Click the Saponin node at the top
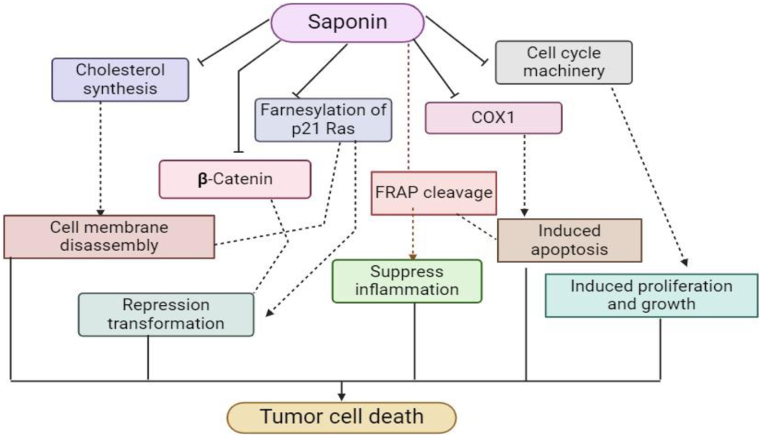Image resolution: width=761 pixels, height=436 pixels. click(x=348, y=23)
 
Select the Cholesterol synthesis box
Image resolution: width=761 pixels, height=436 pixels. click(x=120, y=79)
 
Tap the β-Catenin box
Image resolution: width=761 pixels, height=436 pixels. click(x=235, y=179)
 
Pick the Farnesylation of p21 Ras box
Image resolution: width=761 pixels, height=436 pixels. click(x=323, y=119)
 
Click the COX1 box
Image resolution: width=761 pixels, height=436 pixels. click(x=493, y=118)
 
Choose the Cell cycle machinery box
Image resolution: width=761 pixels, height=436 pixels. click(x=564, y=62)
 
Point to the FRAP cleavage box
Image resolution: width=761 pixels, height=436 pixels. click(x=433, y=193)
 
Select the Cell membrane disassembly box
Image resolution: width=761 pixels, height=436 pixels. click(x=109, y=237)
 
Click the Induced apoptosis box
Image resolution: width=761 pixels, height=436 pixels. click(x=569, y=240)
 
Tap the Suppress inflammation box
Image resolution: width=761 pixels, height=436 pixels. click(x=407, y=281)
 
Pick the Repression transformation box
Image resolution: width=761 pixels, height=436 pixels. click(x=166, y=314)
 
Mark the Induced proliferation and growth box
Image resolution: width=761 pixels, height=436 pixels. click(x=651, y=295)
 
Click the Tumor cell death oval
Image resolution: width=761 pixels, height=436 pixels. click(x=341, y=417)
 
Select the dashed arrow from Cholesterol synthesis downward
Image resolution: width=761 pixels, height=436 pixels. click(x=100, y=158)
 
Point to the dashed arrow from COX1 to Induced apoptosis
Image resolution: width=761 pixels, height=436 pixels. click(x=524, y=175)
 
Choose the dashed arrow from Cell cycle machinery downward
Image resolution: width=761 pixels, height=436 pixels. click(x=648, y=175)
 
